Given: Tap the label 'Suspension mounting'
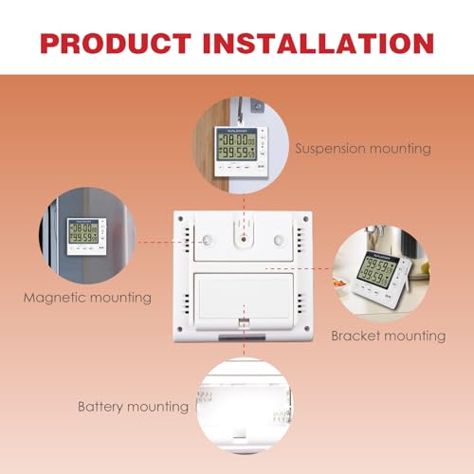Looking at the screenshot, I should click(x=363, y=149).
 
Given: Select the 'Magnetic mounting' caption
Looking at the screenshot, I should click(x=87, y=298).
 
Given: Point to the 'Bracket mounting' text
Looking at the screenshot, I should click(x=388, y=336).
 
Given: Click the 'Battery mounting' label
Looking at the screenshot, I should click(x=133, y=407).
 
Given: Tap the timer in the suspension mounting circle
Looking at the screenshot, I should click(x=242, y=151).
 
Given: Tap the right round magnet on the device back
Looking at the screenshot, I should click(x=279, y=241).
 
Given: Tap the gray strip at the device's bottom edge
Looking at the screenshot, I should click(x=245, y=337).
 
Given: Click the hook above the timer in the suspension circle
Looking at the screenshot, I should click(x=243, y=120).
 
